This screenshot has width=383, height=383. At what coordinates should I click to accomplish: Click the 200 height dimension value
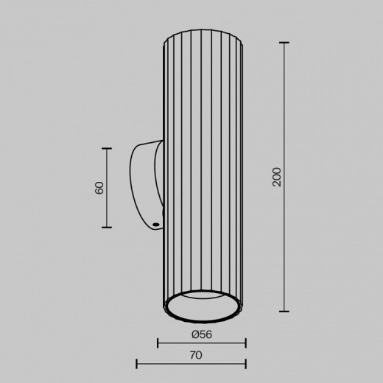277,177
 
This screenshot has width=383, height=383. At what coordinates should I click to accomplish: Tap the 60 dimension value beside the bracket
99,187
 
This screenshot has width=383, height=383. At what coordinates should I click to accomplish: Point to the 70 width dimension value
196,355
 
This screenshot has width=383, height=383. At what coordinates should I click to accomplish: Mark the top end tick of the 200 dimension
286,43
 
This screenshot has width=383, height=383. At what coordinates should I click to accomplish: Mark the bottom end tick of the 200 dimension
286,311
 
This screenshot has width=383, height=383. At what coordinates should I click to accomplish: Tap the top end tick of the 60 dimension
108,148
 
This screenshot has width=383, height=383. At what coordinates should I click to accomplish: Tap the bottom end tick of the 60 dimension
108,227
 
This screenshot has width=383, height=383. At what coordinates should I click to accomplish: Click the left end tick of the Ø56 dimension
158,342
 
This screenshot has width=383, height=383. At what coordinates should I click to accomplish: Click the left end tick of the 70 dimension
137,363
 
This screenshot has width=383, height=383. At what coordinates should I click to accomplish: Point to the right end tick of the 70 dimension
245,363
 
